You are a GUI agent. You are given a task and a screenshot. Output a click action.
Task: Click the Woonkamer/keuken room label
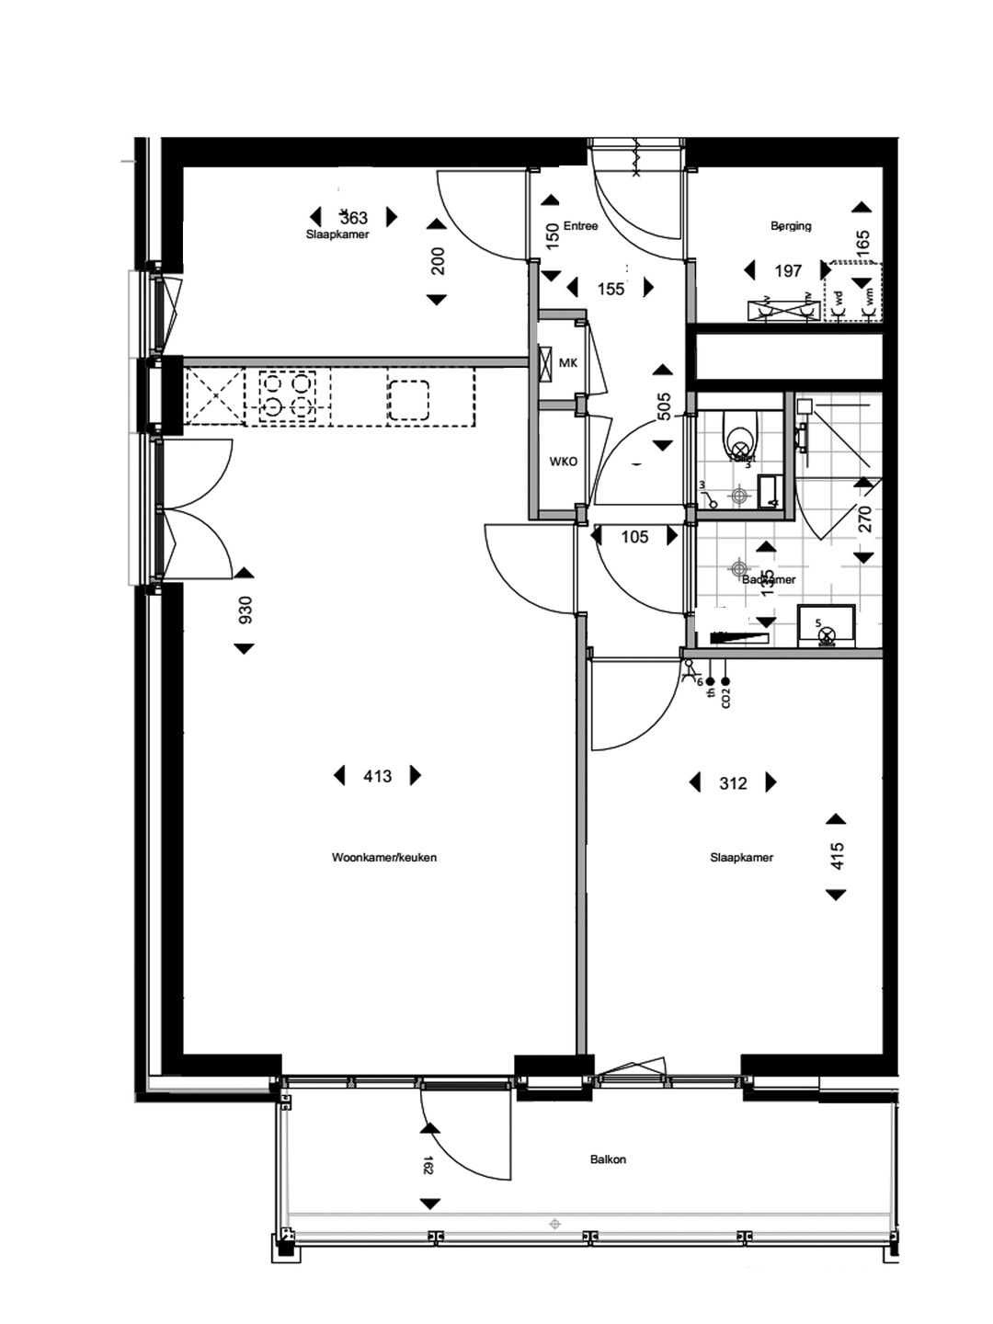click(x=383, y=858)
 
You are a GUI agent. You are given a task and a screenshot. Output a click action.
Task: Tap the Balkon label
click(x=608, y=1159)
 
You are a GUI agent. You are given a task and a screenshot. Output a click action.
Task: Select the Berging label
click(x=791, y=226)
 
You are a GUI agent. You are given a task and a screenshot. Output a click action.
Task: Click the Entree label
click(x=580, y=226)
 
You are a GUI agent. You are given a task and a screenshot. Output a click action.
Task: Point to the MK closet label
click(x=568, y=363)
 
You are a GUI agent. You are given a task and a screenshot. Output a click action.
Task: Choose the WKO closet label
click(x=564, y=462)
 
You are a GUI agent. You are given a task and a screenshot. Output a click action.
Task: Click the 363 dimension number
click(x=354, y=218)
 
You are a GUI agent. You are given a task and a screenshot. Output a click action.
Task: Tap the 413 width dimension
click(x=377, y=777)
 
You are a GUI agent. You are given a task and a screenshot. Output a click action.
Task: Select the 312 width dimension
click(x=733, y=783)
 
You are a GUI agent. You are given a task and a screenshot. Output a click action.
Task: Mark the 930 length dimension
click(x=245, y=611)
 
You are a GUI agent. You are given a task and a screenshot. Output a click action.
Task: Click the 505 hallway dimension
click(x=665, y=407)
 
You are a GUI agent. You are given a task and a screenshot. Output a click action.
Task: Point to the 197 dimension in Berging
click(x=788, y=271)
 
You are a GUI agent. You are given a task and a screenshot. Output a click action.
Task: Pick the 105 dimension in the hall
click(x=634, y=537)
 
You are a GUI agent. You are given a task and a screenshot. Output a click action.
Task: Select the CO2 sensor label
click(x=725, y=698)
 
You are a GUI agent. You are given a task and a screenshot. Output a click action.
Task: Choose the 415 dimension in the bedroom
click(x=837, y=857)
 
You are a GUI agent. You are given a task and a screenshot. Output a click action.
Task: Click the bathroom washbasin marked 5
click(x=827, y=627)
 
